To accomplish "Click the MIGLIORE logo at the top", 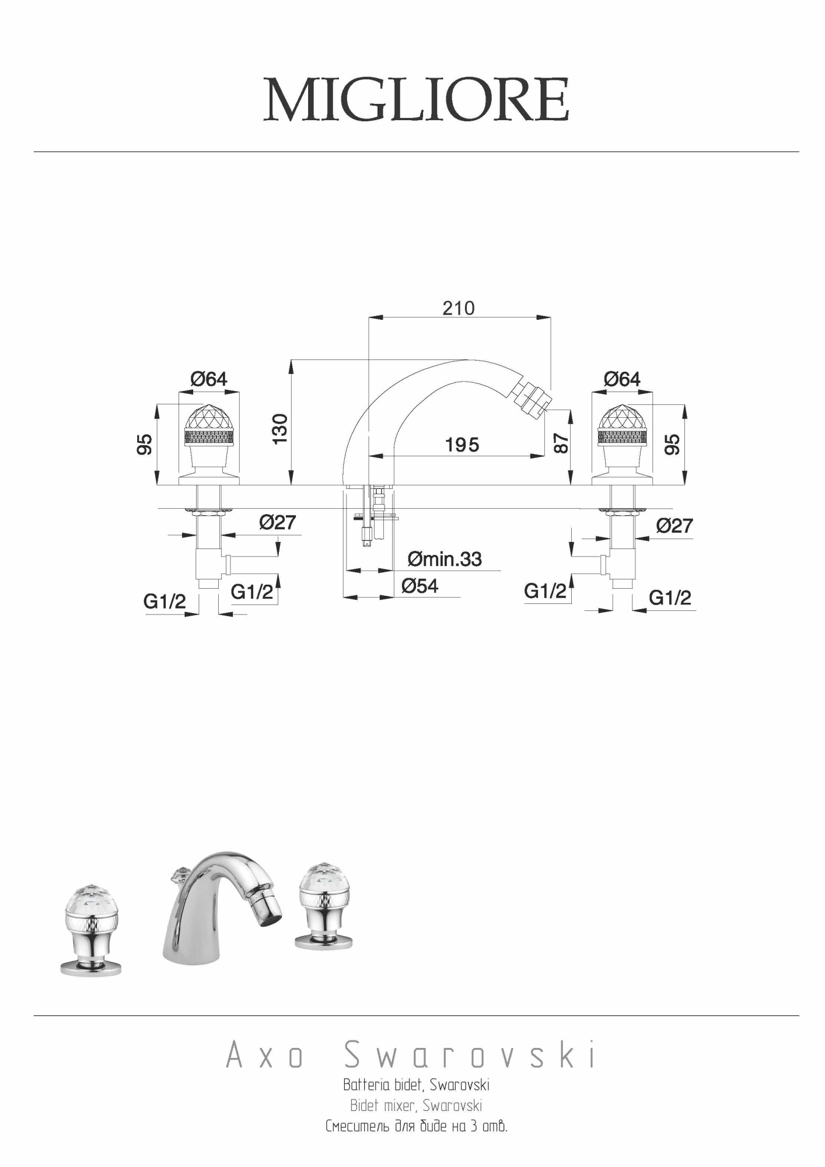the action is pyautogui.click(x=416, y=100).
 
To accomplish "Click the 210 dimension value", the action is pyautogui.click(x=459, y=308).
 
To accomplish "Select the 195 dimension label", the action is pyautogui.click(x=462, y=445).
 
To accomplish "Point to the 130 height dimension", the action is pyautogui.click(x=281, y=428).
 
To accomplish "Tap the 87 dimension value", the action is pyautogui.click(x=560, y=442).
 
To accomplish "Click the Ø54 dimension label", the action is pyautogui.click(x=420, y=585).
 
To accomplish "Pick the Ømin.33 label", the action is pyautogui.click(x=445, y=559).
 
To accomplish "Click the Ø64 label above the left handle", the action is pyautogui.click(x=209, y=379).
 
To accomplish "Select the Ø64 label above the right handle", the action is pyautogui.click(x=622, y=379).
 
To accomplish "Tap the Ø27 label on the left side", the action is pyautogui.click(x=278, y=522).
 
